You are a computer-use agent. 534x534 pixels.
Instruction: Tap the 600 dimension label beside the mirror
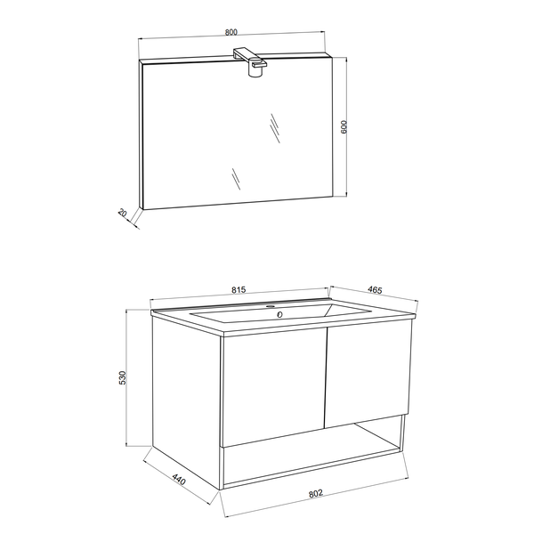[344, 126]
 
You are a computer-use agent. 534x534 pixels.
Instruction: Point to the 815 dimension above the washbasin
[239, 289]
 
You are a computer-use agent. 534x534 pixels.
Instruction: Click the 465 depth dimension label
[375, 289]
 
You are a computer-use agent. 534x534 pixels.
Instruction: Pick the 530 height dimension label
[124, 377]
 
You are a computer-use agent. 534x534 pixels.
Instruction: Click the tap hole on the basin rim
[272, 305]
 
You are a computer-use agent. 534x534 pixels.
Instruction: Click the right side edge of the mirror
[336, 125]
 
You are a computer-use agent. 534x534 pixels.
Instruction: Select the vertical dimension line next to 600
[354, 125]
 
